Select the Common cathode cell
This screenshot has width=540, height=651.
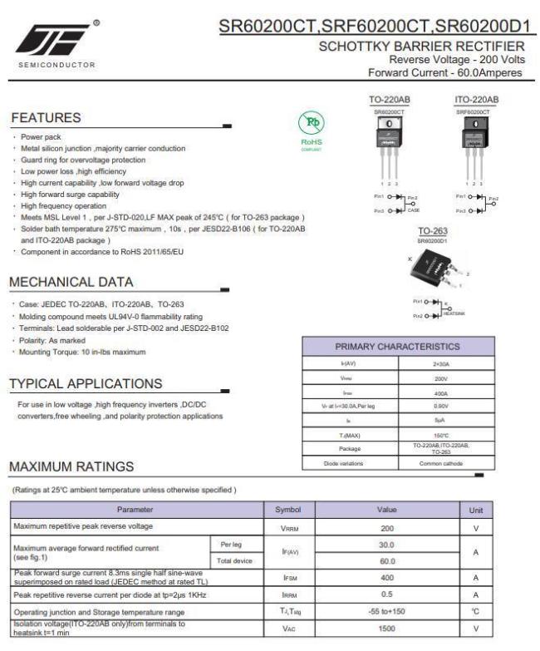[x=441, y=463]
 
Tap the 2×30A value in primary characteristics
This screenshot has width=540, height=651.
[x=441, y=363]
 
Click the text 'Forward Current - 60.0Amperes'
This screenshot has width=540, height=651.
[x=446, y=72]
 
